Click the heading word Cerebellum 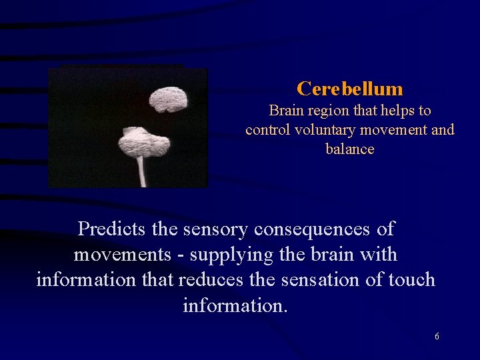350,89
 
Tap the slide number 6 437,337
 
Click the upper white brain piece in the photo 168,100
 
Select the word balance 350,149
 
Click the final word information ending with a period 235,305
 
